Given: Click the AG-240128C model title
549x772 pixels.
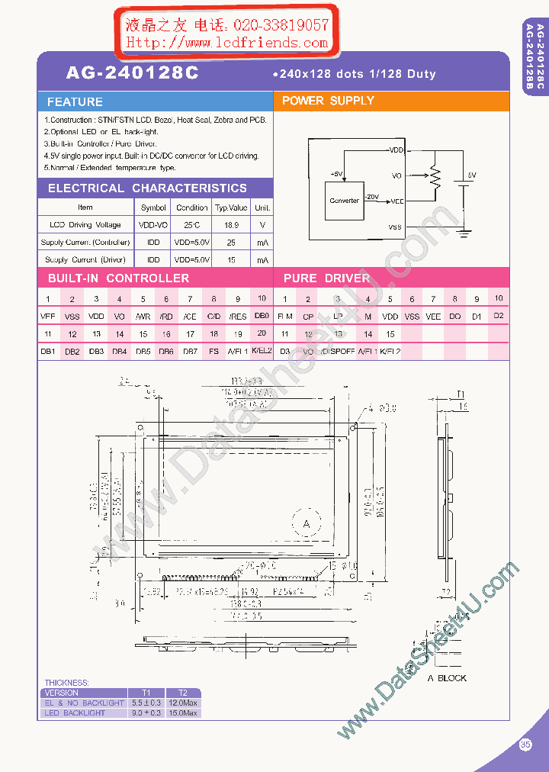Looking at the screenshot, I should click(x=132, y=72).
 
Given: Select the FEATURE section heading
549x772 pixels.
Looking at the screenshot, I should click(x=75, y=101).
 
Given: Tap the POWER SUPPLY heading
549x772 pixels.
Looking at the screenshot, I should click(x=328, y=101).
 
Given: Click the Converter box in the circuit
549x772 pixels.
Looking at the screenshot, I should click(x=344, y=201).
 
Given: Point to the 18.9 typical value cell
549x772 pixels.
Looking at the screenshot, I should click(x=231, y=225).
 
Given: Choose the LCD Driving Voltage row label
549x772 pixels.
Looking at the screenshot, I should click(x=85, y=225).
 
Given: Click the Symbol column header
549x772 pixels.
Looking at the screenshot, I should click(x=153, y=207).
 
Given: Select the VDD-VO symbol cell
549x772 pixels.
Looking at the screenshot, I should click(x=153, y=225).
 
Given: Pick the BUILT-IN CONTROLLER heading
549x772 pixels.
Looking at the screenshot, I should click(x=118, y=278).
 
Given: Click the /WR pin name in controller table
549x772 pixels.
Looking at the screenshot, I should click(x=143, y=316).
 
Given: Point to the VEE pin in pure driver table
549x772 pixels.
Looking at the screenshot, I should click(x=433, y=316).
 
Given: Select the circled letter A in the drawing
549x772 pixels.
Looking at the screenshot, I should click(x=307, y=524).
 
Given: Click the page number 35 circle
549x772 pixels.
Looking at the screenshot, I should click(x=525, y=745).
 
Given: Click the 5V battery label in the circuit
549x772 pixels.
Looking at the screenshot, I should click(x=471, y=175).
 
